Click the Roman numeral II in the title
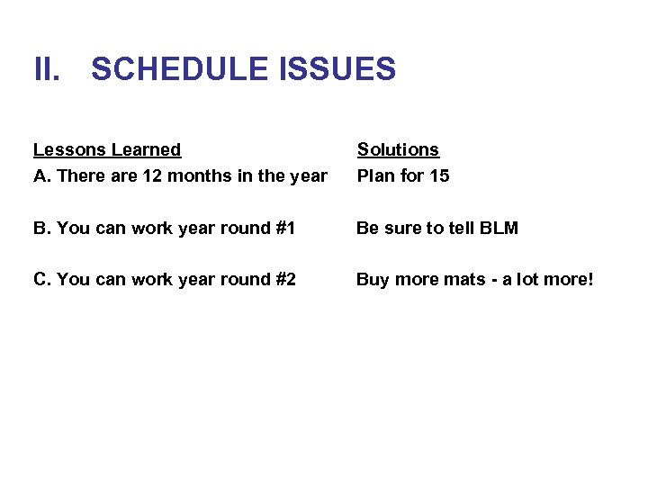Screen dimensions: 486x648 click(x=47, y=69)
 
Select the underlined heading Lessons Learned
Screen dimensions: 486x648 click(x=107, y=149)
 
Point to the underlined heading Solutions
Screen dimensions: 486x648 click(x=398, y=149)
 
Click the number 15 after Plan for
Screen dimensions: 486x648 click(x=438, y=175)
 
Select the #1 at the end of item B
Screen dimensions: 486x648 click(x=284, y=228)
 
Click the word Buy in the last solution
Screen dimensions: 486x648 click(x=373, y=280)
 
